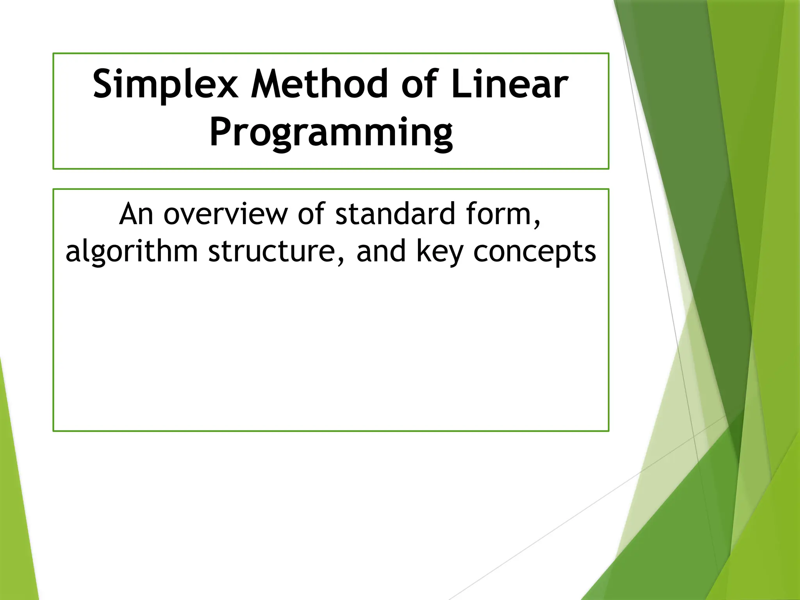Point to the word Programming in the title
[331, 133]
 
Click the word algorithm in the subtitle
[132, 252]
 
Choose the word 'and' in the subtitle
[381, 252]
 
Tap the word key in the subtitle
[439, 252]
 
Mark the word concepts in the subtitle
[534, 252]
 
